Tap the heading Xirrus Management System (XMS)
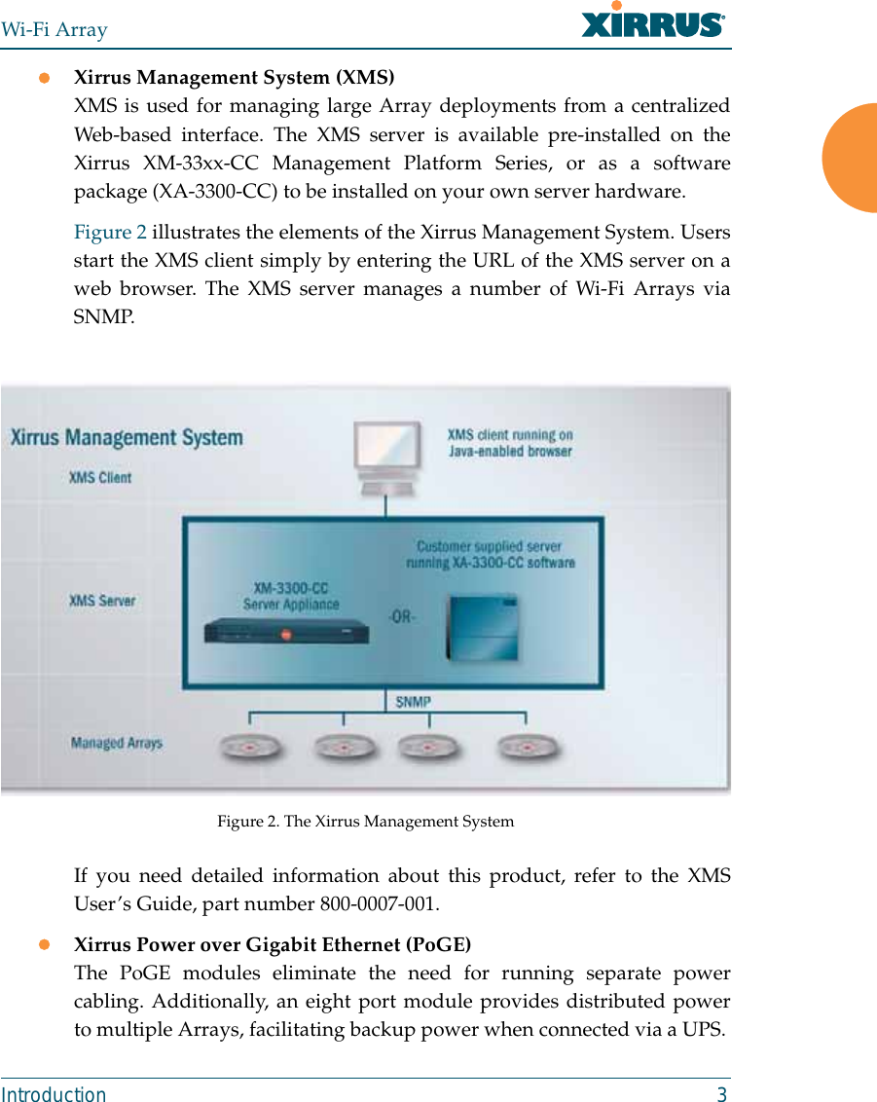click(235, 77)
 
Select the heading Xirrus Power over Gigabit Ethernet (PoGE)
click(273, 945)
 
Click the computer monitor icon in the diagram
click(388, 456)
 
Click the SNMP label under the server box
click(414, 701)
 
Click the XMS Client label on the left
click(99, 477)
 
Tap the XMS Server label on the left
click(102, 601)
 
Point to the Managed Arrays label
click(116, 744)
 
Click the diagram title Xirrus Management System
click(127, 437)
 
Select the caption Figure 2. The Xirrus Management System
click(365, 822)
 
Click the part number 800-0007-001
click(379, 904)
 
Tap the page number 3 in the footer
click(721, 1094)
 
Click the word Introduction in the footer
click(54, 1094)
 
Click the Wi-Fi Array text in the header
click(55, 29)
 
